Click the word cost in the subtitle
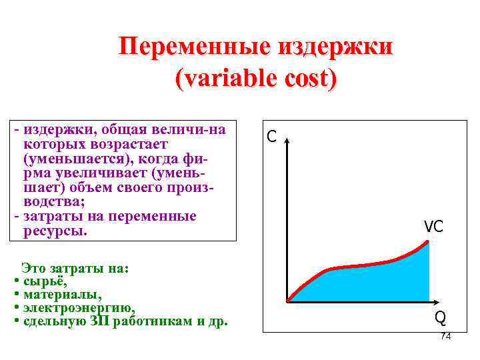[x=305, y=78]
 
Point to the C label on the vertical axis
[x=271, y=137]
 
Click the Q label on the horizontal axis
[x=441, y=317]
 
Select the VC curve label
[x=433, y=227]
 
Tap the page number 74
[x=445, y=336]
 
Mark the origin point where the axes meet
[x=287, y=301]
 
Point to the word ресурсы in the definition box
[x=55, y=231]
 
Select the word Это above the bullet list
[x=33, y=269]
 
